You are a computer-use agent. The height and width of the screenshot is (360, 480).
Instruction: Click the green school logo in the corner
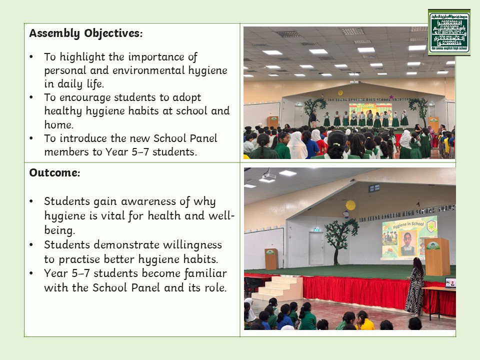449,32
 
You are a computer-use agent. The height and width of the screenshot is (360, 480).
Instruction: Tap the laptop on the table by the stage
450,283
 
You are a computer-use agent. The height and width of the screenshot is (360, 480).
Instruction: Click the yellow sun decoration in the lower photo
350,205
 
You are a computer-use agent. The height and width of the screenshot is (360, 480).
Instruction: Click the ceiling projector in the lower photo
267,176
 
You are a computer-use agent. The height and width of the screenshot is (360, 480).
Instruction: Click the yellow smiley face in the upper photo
340,92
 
